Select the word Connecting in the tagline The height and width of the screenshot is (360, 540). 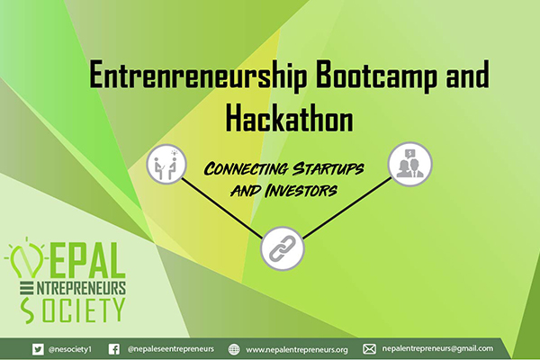(246, 169)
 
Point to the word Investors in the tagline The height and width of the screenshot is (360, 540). (301, 191)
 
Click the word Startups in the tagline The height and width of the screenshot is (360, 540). (328, 169)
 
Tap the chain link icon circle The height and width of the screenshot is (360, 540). (283, 248)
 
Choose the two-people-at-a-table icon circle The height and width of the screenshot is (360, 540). (166, 164)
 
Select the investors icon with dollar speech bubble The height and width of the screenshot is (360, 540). (409, 164)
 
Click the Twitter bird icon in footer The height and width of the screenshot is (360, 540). (38, 349)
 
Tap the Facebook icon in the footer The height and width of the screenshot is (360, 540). (114, 349)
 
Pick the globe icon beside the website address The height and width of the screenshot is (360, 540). (234, 349)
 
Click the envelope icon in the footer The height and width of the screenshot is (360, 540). (369, 349)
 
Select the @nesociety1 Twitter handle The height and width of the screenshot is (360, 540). (70, 349)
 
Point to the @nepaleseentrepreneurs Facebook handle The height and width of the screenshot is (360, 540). (170, 349)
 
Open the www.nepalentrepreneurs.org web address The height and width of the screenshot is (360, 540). (296, 350)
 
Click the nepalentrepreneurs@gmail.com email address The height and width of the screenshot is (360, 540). (437, 348)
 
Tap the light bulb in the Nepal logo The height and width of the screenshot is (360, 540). (26, 258)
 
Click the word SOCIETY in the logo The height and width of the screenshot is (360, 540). (72, 310)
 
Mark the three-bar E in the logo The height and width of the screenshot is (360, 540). (26, 288)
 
